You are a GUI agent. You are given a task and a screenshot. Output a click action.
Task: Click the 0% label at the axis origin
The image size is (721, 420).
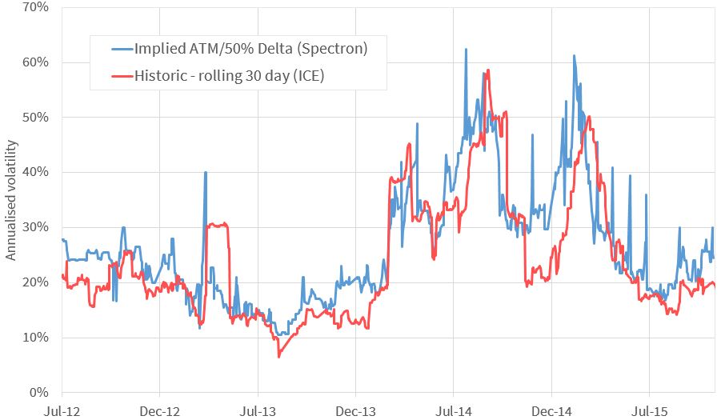[41, 393]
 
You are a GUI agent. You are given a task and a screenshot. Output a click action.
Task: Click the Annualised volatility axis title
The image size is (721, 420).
[11, 200]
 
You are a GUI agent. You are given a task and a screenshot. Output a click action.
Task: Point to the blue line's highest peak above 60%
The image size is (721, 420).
[466, 50]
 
